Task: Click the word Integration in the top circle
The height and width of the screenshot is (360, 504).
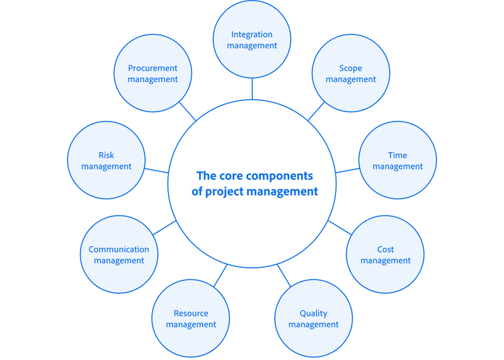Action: pyautogui.click(x=252, y=34)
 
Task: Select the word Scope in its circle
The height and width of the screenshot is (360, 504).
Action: pyautogui.click(x=351, y=68)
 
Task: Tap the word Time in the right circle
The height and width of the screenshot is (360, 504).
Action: pyautogui.click(x=398, y=155)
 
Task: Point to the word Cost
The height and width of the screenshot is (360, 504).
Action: pyautogui.click(x=386, y=249)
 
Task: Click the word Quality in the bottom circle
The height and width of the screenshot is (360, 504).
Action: pyautogui.click(x=313, y=313)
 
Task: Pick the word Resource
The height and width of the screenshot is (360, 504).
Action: pyautogui.click(x=191, y=313)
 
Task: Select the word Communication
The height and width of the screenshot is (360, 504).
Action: pyautogui.click(x=119, y=249)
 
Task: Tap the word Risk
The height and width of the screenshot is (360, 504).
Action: pyautogui.click(x=106, y=155)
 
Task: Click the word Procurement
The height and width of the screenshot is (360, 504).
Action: pyautogui.click(x=153, y=68)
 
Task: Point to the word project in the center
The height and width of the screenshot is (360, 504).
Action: pyautogui.click(x=229, y=191)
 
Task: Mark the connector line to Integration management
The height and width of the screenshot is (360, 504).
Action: pyautogui.click(x=252, y=89)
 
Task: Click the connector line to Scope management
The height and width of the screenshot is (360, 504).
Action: pyautogui.click(x=317, y=111)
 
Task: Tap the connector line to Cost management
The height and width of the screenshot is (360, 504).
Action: pyautogui.click(x=340, y=227)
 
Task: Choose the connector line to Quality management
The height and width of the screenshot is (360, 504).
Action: pyautogui.click(x=284, y=275)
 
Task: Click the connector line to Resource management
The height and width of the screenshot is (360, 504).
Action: pyautogui.click(x=220, y=275)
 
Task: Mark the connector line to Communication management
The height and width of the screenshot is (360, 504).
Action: pyautogui.click(x=165, y=227)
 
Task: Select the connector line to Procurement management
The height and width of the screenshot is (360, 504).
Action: pyautogui.click(x=187, y=111)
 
